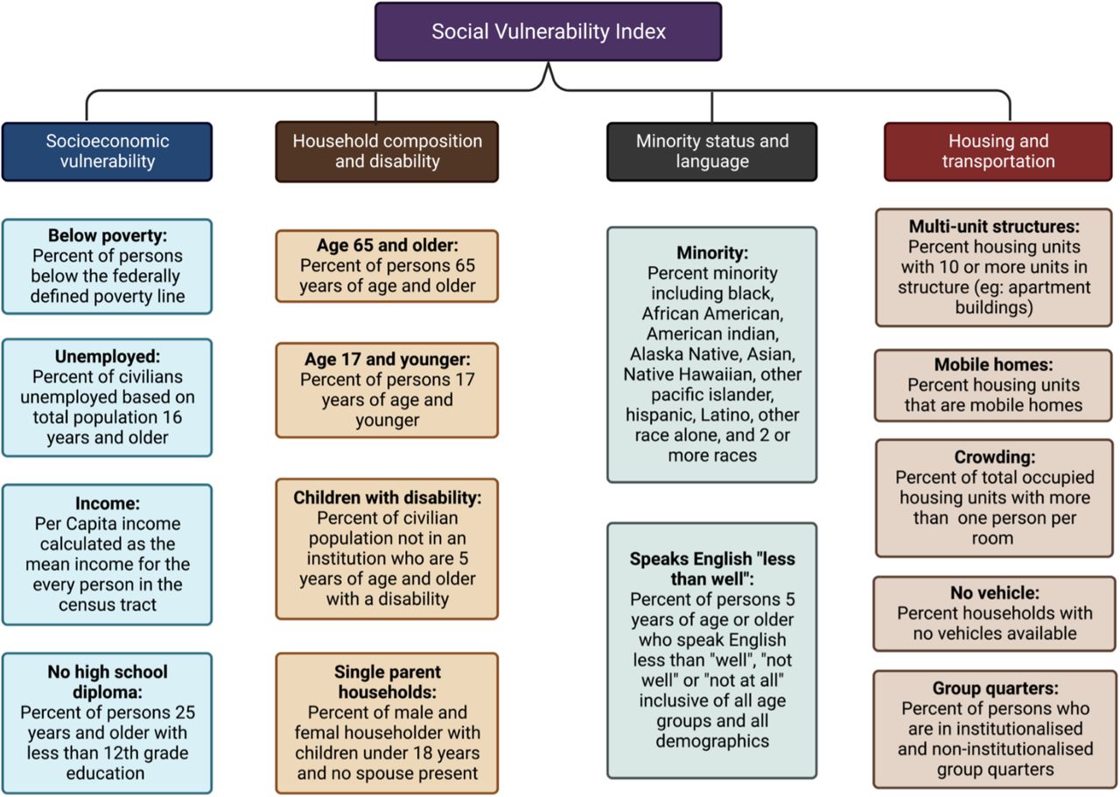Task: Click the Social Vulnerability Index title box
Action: (548, 31)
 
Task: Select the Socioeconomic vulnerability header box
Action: (107, 151)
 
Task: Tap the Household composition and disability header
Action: (387, 151)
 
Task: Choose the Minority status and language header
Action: (712, 151)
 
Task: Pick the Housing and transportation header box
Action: (998, 151)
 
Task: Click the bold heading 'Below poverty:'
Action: (108, 235)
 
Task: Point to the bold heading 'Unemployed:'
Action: (108, 356)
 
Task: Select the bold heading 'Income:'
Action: (108, 503)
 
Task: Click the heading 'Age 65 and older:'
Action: (387, 245)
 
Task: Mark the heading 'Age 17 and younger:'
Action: (387, 359)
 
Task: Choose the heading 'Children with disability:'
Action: (387, 498)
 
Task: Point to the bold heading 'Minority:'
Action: (712, 253)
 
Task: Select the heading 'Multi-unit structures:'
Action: (994, 227)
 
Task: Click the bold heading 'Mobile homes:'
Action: (993, 364)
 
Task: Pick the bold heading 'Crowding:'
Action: (994, 457)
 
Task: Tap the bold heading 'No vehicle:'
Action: (995, 592)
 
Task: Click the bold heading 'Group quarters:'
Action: (995, 688)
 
